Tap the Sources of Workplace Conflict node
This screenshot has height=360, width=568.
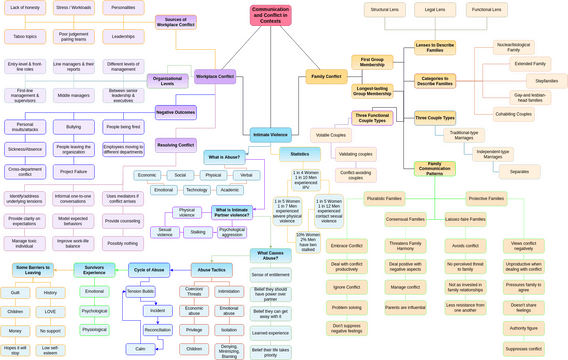(175, 21)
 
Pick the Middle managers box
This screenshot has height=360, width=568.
(74, 96)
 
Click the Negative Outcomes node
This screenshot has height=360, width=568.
(175, 112)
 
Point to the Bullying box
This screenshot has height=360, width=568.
(74, 127)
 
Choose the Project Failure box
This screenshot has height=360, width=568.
(74, 171)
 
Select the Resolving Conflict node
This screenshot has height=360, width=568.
(175, 144)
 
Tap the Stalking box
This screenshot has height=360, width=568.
(198, 232)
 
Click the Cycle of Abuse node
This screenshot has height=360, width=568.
(149, 270)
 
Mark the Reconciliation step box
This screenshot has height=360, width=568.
(157, 330)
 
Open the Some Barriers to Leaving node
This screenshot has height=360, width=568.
(33, 270)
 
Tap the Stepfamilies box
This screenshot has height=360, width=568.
(546, 81)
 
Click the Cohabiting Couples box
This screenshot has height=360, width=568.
(513, 114)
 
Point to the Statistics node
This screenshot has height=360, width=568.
(300, 154)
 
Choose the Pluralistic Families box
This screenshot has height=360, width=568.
(384, 198)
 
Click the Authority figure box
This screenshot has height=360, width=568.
(524, 328)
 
